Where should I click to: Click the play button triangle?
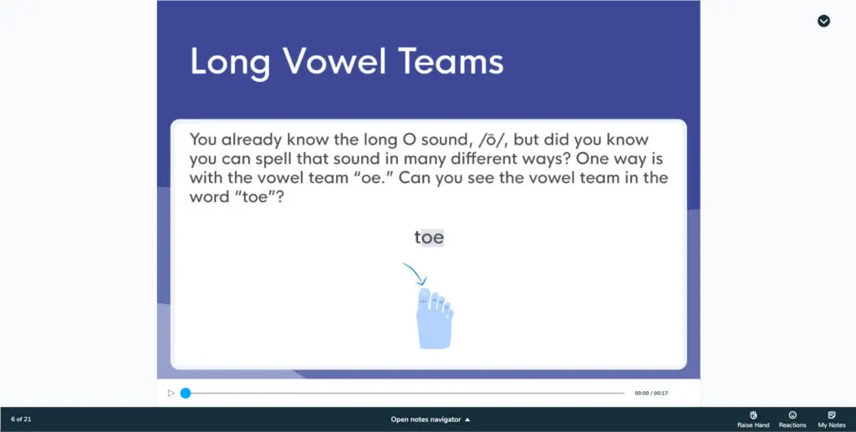click(171, 393)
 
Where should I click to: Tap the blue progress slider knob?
click(186, 393)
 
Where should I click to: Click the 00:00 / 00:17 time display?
click(651, 393)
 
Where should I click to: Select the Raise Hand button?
click(753, 419)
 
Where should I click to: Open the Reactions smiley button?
click(792, 419)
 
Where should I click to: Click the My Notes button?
click(832, 419)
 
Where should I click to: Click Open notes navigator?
click(431, 419)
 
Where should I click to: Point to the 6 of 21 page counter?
click(21, 419)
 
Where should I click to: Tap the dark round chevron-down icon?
click(823, 21)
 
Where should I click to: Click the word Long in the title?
click(230, 63)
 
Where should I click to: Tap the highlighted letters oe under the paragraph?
click(432, 237)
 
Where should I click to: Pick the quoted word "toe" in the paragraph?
click(256, 197)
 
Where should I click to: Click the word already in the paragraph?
click(251, 140)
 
